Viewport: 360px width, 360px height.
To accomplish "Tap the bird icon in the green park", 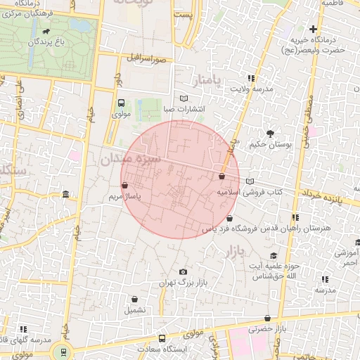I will point(46,32).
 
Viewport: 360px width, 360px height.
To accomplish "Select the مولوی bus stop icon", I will point(121,103).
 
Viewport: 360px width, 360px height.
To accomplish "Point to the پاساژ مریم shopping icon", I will point(125,186).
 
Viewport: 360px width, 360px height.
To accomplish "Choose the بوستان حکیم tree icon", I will point(270,134).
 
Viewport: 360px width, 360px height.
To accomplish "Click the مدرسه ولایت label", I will point(271,89).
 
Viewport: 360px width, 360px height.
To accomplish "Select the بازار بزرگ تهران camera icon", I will point(184,272).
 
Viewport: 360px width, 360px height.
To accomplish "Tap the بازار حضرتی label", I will point(272,328).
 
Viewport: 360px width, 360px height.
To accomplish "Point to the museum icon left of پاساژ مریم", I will point(65,194).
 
